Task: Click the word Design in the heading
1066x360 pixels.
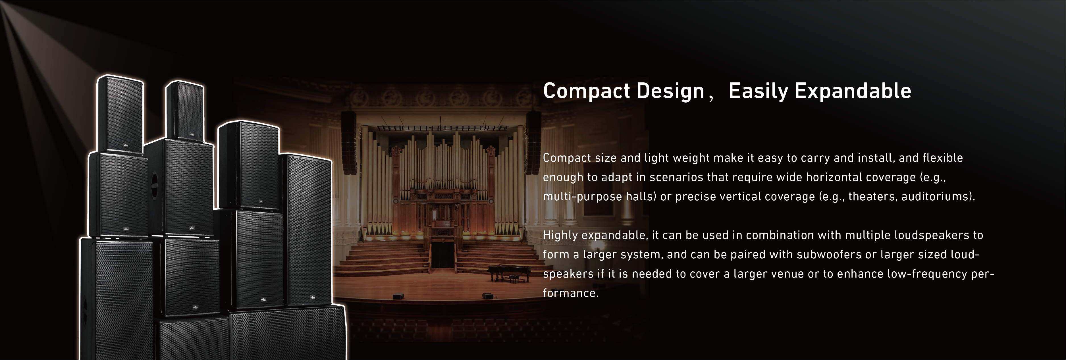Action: pos(670,91)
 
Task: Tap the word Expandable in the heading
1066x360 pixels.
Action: pos(853,91)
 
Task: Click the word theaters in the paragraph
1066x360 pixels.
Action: pos(872,196)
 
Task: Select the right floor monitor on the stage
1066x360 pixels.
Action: pos(487,296)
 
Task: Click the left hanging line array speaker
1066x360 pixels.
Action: pos(349,143)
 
